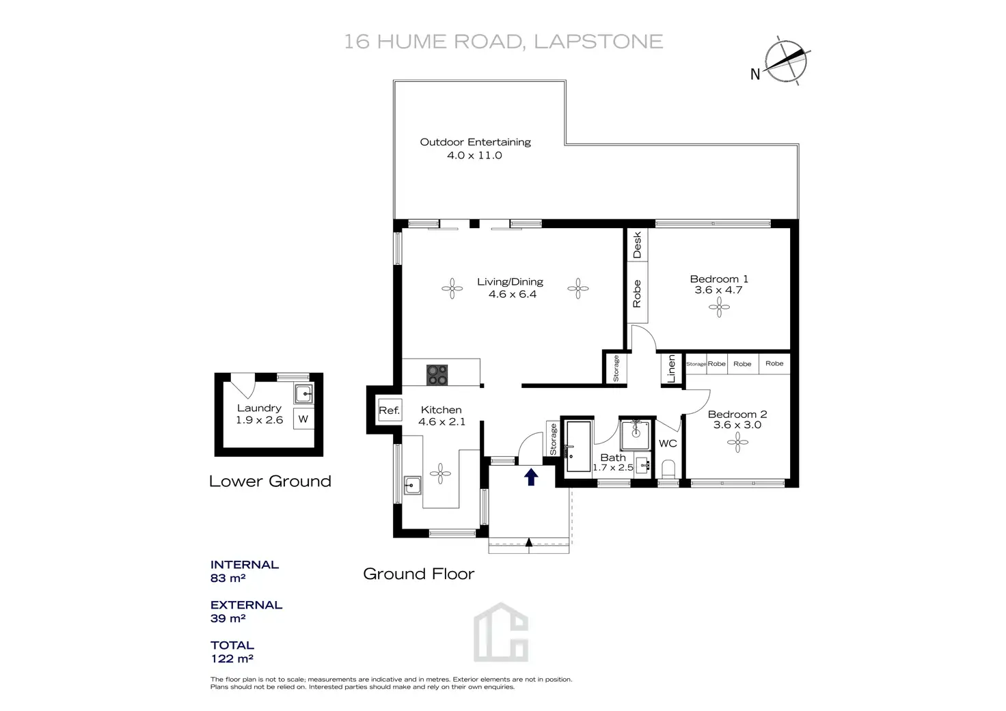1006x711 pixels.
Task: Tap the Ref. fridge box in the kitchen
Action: coord(389,410)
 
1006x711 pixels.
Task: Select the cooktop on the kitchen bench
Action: coord(437,374)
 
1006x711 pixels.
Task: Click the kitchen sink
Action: coord(412,486)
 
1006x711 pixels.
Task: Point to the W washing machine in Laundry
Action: coord(303,419)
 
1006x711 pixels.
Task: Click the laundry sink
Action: coord(303,394)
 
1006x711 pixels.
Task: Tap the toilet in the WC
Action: coord(668,469)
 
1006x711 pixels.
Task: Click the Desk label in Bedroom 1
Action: coord(638,245)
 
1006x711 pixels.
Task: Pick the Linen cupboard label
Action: coord(671,369)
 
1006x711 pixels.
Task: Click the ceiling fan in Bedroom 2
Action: coord(737,443)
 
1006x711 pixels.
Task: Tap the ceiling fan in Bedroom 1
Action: coord(719,308)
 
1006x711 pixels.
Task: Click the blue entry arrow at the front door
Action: coord(531,477)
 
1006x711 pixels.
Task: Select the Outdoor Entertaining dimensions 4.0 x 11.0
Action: coord(474,155)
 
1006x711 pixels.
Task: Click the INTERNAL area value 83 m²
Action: coord(228,578)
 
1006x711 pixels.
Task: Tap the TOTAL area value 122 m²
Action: coord(232,658)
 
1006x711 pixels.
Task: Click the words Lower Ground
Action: coord(270,481)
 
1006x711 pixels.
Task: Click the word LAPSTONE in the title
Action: coord(598,42)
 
